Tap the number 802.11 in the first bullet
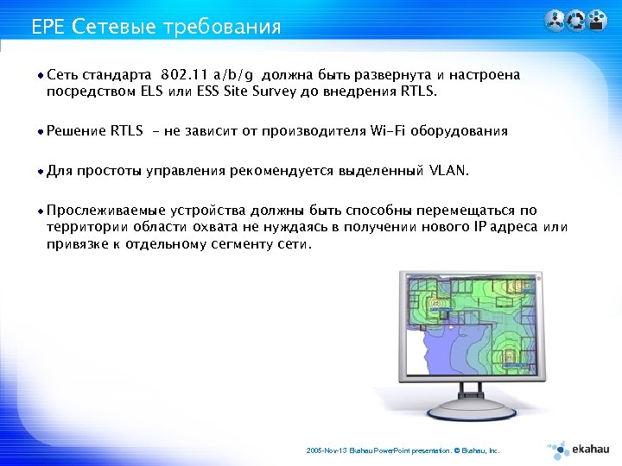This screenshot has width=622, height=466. tap(185, 75)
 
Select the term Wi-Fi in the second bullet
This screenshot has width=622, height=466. tap(390, 131)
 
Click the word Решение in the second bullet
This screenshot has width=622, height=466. tap(76, 131)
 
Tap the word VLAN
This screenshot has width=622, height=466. tap(448, 171)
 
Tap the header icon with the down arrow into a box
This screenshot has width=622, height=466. tap(596, 21)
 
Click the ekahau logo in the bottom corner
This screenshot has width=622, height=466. tap(574, 449)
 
